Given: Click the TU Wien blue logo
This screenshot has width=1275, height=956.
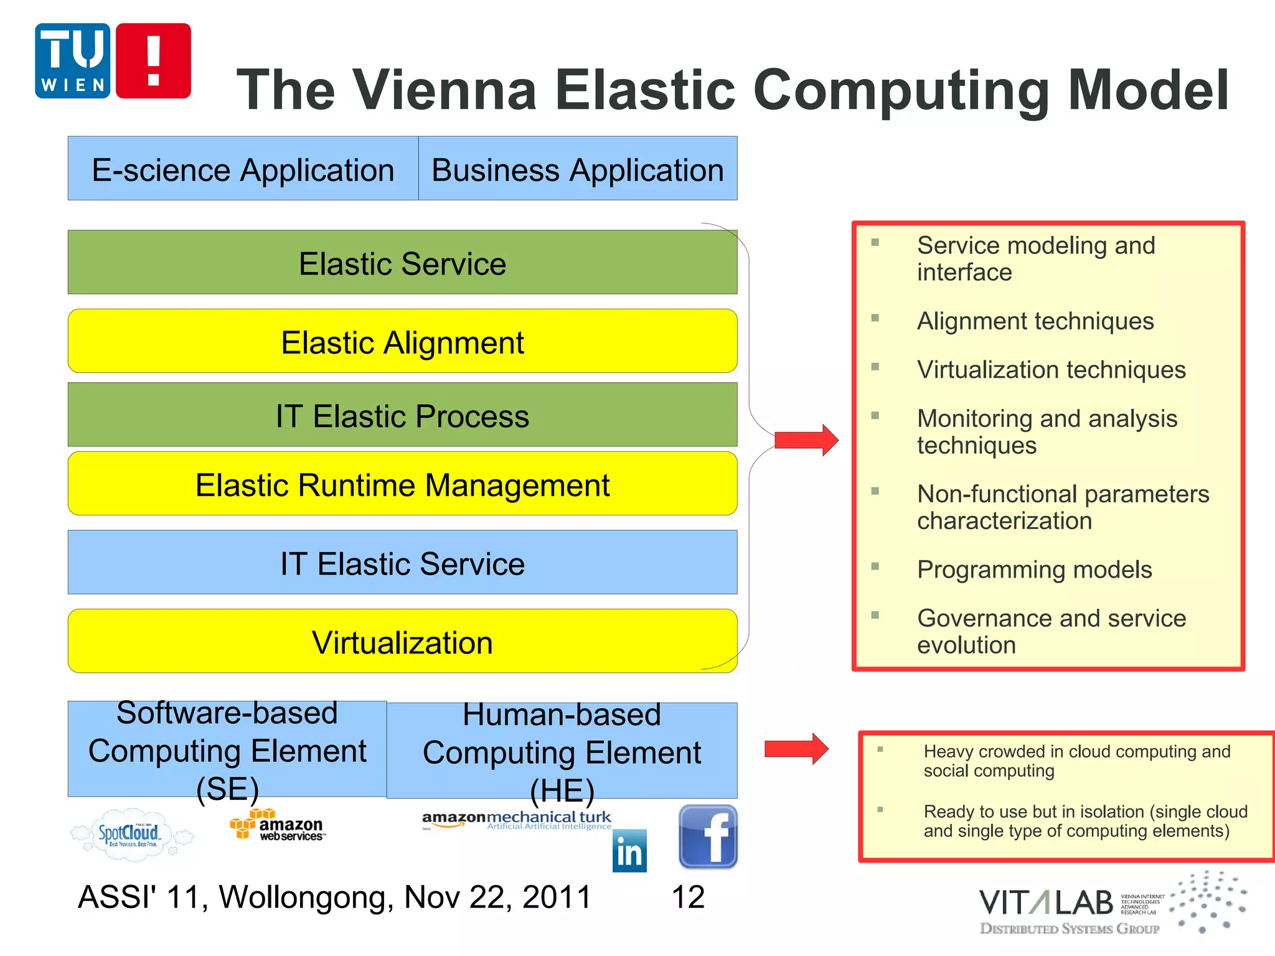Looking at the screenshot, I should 72,61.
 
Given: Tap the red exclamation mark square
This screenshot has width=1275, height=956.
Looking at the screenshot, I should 153,61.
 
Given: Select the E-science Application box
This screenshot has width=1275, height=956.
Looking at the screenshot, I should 243,169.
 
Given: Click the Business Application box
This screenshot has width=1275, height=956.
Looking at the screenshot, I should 578,169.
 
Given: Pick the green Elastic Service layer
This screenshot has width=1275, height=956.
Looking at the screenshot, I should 402,262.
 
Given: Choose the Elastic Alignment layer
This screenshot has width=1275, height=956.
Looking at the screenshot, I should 402,341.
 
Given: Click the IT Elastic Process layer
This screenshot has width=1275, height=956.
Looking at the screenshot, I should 402,415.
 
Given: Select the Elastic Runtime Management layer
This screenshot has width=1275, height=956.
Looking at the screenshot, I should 402,484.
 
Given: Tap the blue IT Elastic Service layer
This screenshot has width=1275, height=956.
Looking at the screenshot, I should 402,562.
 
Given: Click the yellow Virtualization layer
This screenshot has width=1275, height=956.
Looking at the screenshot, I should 402,641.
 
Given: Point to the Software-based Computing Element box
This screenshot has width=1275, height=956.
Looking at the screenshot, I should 227,749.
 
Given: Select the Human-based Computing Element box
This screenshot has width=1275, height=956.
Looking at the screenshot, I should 562,751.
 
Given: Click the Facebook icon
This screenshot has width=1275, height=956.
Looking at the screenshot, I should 708,836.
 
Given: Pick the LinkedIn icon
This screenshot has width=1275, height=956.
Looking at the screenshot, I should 629,851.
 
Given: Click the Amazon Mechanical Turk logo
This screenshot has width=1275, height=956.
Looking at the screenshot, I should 517,820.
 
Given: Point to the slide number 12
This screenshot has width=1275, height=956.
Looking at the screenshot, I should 688,897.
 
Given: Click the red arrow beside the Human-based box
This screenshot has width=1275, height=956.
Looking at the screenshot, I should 796,749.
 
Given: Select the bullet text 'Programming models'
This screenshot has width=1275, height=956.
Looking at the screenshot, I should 1034,569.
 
